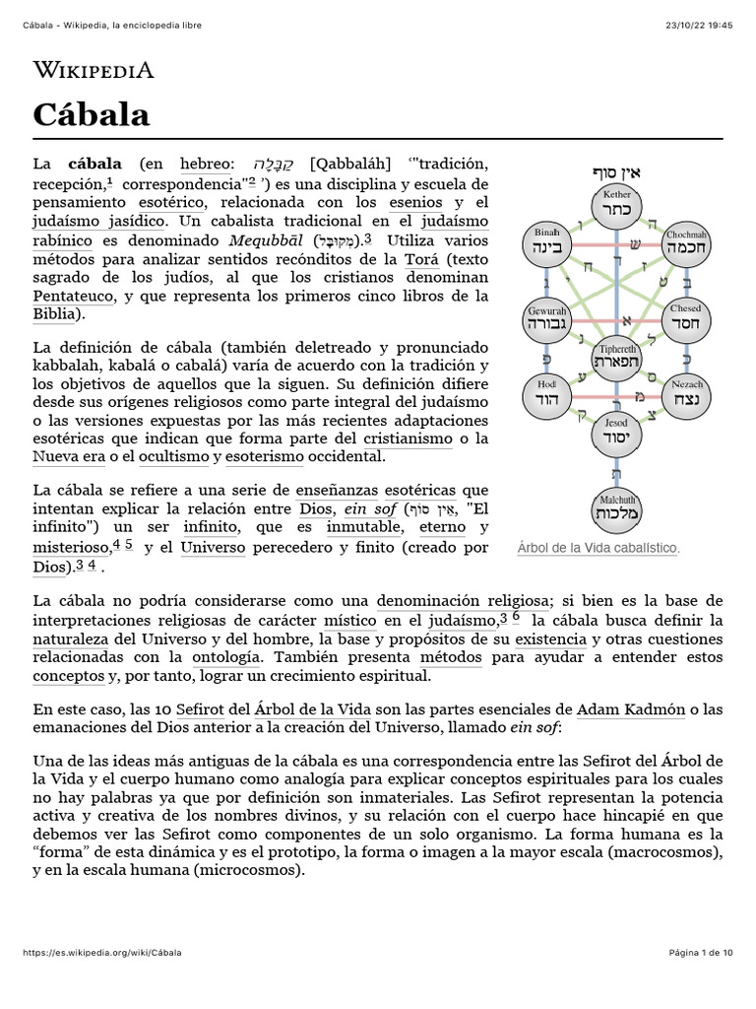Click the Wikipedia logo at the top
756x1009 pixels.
tap(94, 70)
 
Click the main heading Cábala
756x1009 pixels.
tap(92, 114)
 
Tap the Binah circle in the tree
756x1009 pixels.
tap(547, 242)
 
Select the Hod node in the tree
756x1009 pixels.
tap(547, 395)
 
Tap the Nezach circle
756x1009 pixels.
tap(686, 395)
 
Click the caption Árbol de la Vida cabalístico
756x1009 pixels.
tap(598, 548)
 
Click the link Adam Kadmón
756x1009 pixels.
tap(625, 708)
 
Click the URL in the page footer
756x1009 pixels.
tap(101, 953)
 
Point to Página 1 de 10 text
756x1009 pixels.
tap(700, 953)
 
